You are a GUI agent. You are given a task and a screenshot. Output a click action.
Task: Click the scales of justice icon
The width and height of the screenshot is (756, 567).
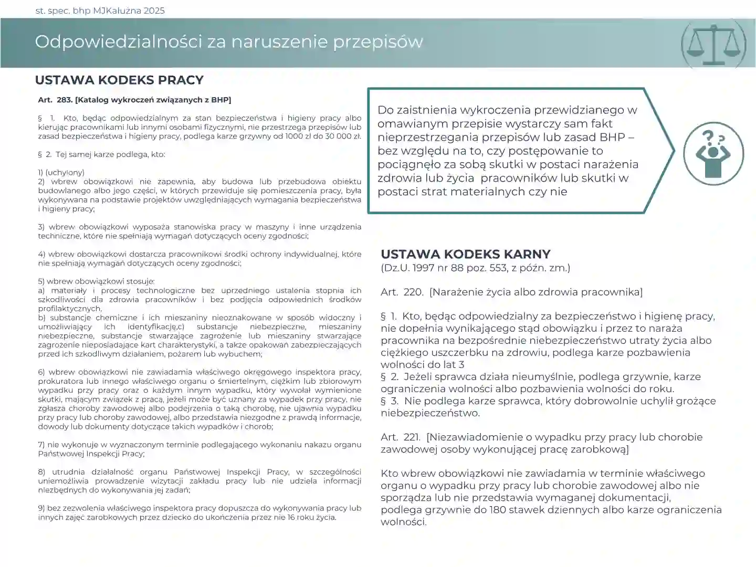coord(713,44)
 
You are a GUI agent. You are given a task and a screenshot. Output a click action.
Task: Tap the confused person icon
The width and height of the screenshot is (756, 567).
coord(713,153)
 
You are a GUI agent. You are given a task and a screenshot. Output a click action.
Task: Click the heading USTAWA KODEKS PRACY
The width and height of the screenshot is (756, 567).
coord(119,80)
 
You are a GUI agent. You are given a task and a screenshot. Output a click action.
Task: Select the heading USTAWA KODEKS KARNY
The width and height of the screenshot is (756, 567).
coord(465,254)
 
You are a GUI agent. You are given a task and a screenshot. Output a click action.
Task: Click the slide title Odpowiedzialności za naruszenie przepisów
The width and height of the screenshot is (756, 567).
coord(229,42)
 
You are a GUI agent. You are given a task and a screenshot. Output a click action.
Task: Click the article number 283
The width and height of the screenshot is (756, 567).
coord(65,100)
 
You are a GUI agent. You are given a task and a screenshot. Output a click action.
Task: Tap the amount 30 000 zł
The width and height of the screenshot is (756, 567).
coord(341,136)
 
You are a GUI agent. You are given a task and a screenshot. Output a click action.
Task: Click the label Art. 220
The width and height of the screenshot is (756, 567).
coord(402,292)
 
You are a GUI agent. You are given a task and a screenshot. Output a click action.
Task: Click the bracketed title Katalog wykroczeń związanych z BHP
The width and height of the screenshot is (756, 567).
coord(153,100)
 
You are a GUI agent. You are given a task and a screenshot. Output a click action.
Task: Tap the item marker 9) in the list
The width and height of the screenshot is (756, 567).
coord(41,508)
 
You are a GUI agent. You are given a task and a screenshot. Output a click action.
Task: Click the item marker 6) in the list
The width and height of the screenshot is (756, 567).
coord(41,372)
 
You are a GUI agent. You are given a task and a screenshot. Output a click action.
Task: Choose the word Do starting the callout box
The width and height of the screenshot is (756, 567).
coord(385,110)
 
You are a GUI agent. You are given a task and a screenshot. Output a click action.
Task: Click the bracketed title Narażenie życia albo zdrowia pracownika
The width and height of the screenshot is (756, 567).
coord(535,292)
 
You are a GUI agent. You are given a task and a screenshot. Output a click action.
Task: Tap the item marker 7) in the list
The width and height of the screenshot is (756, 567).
coord(41,445)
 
